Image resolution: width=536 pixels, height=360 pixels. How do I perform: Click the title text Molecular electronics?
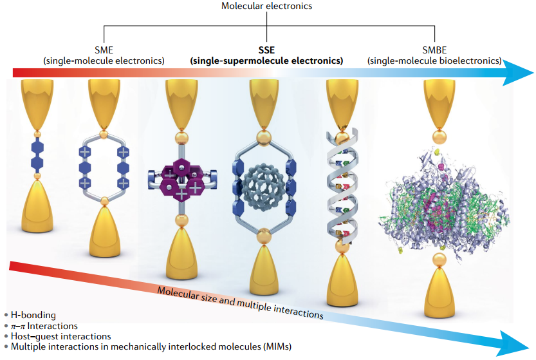point(267,6)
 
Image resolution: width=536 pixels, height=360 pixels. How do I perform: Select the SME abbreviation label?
point(104,48)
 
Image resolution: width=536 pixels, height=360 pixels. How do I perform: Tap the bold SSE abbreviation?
point(266,48)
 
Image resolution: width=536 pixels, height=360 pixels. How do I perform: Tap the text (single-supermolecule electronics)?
point(266,61)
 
